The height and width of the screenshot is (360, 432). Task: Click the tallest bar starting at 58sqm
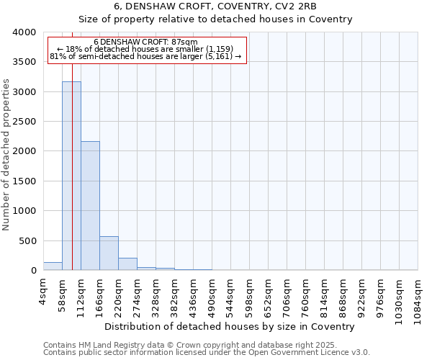pos(71,176)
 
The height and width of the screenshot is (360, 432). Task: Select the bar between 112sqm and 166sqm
pos(90,206)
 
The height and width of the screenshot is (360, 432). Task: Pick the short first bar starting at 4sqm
pos(53,266)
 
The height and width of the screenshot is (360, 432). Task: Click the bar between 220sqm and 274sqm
pos(127,264)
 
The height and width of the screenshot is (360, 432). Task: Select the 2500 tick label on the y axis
pos(24,122)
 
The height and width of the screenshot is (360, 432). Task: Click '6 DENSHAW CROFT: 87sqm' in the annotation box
pos(145,42)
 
